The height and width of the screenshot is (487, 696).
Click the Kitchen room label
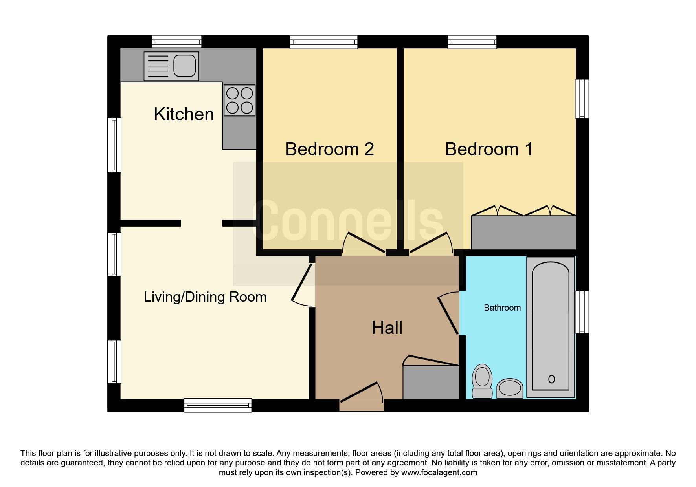coord(184,114)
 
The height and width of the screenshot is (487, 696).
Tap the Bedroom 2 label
coord(329,149)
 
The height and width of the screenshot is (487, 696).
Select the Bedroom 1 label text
coord(489,149)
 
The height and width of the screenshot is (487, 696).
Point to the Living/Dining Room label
coord(205,297)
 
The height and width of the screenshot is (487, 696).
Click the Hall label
coord(387,328)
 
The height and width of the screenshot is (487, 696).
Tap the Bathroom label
coord(502,308)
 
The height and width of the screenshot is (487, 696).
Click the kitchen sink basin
coord(184,66)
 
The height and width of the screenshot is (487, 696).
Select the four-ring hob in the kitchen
coord(239,101)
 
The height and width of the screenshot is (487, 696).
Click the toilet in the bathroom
coord(482,381)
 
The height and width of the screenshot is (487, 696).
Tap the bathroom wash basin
coord(510,388)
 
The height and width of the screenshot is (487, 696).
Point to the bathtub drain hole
coord(551,379)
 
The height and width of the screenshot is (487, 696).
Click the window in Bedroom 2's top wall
coord(324,42)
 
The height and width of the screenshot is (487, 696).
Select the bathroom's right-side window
coord(582,312)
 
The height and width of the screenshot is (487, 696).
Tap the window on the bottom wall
coord(218,405)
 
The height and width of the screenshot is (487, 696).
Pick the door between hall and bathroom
coord(448,313)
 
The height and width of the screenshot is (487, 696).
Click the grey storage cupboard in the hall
coord(431,382)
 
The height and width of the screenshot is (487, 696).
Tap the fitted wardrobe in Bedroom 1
coord(523,233)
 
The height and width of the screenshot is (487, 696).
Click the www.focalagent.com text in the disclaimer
coord(439,473)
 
